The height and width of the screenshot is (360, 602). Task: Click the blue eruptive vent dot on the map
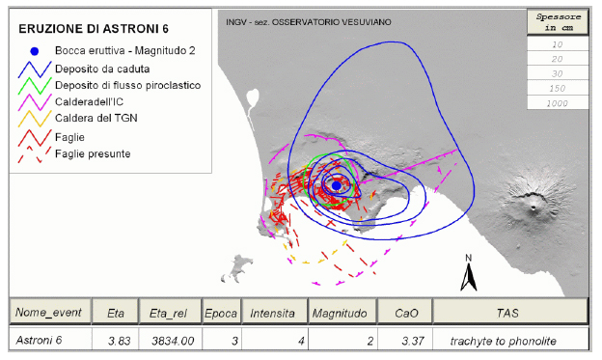(x=337, y=185)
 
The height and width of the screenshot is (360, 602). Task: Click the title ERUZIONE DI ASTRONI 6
(x=94, y=29)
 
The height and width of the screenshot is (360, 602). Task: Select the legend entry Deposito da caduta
(x=102, y=69)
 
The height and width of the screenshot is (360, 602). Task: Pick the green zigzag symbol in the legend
(x=35, y=85)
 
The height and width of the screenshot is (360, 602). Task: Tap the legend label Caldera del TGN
(x=96, y=118)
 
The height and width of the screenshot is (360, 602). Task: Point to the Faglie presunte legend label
(x=93, y=153)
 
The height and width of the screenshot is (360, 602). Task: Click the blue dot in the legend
(x=35, y=51)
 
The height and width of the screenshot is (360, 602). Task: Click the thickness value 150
(x=557, y=89)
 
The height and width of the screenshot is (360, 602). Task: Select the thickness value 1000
(x=557, y=103)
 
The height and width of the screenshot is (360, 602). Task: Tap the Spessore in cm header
(x=558, y=22)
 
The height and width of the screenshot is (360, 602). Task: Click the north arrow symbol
(x=469, y=273)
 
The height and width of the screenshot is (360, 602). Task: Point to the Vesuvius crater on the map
(x=533, y=208)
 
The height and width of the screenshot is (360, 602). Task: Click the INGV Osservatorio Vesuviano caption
(x=309, y=22)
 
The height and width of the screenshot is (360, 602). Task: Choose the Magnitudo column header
(x=340, y=313)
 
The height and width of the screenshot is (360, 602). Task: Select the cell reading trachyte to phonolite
(x=503, y=341)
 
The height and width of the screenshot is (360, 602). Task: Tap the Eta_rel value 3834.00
(x=173, y=341)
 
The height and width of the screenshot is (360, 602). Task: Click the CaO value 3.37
(x=413, y=341)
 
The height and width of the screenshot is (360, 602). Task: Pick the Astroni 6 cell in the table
(x=39, y=340)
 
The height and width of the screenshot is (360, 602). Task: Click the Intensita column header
(x=273, y=313)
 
